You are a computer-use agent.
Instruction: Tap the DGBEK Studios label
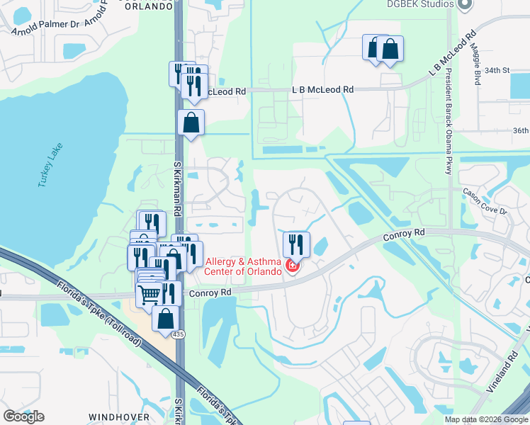pos(420,4)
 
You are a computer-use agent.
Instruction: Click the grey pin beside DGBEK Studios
pos(465,5)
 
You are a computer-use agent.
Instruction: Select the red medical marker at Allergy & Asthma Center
pos(291,266)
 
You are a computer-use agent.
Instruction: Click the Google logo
pos(23,416)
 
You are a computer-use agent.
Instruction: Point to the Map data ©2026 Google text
pos(487,419)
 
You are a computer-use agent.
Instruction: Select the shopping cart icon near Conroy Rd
pos(150,293)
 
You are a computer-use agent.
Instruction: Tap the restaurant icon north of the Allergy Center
pos(296,244)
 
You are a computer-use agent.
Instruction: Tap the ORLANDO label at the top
pos(149,6)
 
